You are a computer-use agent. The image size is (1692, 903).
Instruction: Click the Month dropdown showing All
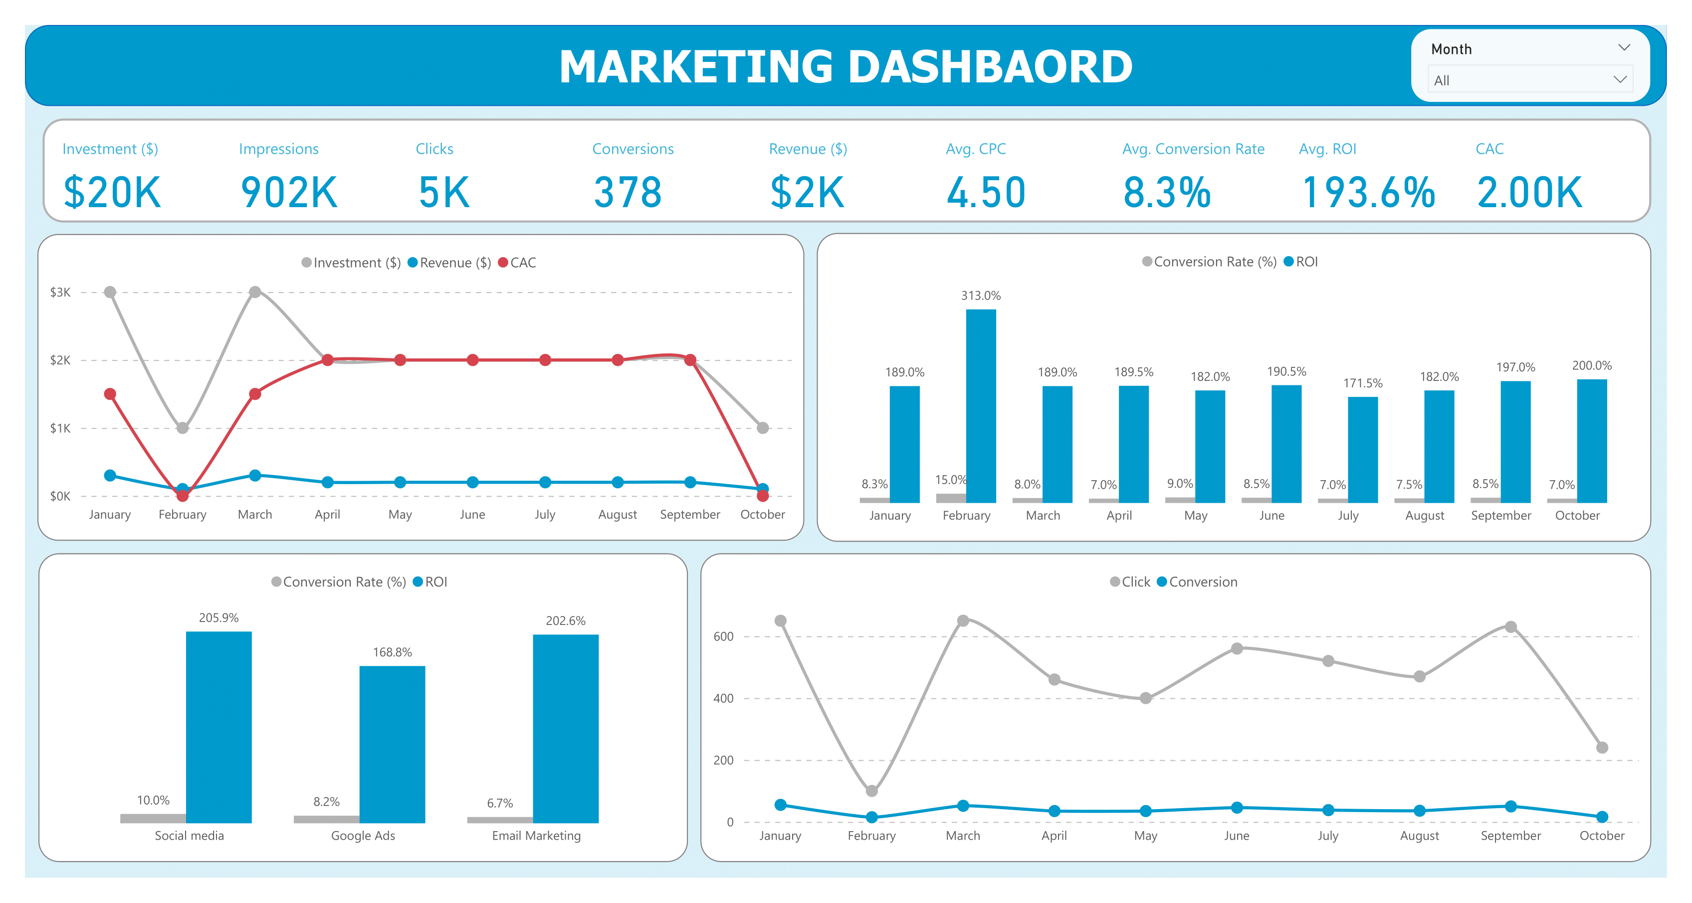point(1529,80)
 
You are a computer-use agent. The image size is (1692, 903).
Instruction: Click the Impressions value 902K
point(289,193)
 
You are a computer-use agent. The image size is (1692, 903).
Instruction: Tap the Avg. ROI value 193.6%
point(1368,193)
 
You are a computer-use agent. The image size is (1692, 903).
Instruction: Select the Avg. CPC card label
point(975,149)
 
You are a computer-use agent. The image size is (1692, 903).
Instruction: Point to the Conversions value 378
point(628,193)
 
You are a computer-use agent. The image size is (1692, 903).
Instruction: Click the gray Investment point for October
point(763,428)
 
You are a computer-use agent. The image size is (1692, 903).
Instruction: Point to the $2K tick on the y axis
point(60,360)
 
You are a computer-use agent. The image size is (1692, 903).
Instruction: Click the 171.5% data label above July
point(1362,383)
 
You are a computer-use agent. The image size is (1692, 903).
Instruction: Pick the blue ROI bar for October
point(1592,441)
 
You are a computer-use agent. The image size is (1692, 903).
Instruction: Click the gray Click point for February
point(871,791)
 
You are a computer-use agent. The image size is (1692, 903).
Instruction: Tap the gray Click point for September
point(1511,627)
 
